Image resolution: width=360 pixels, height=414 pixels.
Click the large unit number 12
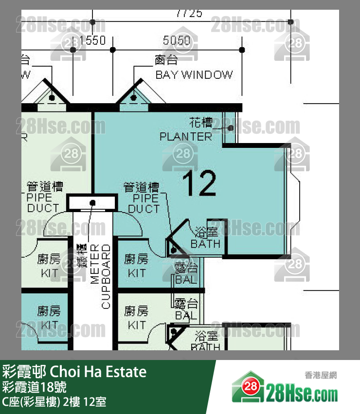pyautogui.click(x=199, y=183)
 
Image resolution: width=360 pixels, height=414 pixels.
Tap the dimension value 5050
pyautogui.click(x=177, y=41)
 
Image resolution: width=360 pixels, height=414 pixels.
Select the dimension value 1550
pyautogui.click(x=92, y=41)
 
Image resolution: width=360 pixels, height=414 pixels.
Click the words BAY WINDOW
pyautogui.click(x=194, y=75)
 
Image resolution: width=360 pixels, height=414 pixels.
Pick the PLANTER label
pyautogui.click(x=186, y=137)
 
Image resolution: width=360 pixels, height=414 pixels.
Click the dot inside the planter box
pyautogui.click(x=230, y=128)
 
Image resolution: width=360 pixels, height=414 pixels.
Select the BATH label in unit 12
pyautogui.click(x=205, y=244)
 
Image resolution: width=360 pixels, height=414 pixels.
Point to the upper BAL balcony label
pyautogui.click(x=186, y=280)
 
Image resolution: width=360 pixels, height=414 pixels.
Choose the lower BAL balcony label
pyautogui.click(x=186, y=315)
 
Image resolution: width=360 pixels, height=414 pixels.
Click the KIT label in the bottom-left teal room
pyautogui.click(x=49, y=324)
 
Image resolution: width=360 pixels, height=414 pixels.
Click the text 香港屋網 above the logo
pyautogui.click(x=321, y=375)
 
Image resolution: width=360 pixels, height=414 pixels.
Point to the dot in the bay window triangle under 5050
pyautogui.click(x=133, y=98)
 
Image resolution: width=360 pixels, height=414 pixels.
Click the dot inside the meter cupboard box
pyautogui.click(x=92, y=202)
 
